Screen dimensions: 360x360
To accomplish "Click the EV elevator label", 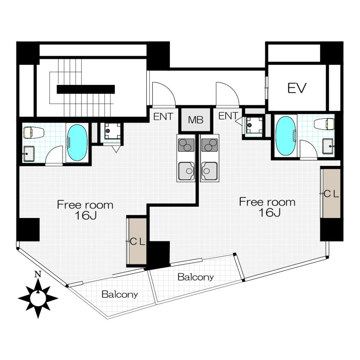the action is click(x=297, y=88).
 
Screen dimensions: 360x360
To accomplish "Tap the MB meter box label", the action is click(x=195, y=120).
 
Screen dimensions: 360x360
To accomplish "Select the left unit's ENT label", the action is click(x=163, y=117).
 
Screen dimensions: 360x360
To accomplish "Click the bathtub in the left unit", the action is click(x=77, y=143).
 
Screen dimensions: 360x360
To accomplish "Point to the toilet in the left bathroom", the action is click(x=33, y=133).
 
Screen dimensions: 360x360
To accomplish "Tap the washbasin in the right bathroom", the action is click(x=328, y=146).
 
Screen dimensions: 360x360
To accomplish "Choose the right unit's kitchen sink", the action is click(x=209, y=171).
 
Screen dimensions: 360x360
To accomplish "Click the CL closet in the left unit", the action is click(x=137, y=241).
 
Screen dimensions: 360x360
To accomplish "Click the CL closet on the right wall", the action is click(x=331, y=193).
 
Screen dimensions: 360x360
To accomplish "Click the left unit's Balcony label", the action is click(x=120, y=294).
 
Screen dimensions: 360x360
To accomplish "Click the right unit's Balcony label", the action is click(x=195, y=277).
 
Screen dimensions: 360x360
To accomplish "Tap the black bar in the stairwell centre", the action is click(x=86, y=89).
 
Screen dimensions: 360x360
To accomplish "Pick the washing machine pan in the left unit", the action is click(x=112, y=131).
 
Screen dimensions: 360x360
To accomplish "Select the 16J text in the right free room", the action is click(x=270, y=213).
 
